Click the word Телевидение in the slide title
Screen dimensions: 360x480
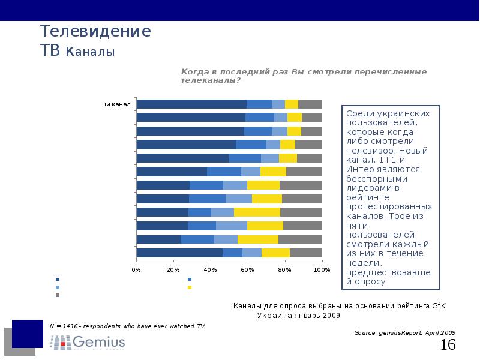(x=95, y=31)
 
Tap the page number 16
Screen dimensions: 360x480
(x=448, y=345)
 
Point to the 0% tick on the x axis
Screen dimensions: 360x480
(x=136, y=269)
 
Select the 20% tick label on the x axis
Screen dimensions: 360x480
(x=173, y=269)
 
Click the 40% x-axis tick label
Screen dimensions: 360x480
(x=211, y=269)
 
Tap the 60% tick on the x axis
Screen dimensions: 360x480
(x=248, y=269)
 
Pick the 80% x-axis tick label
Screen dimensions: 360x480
(x=284, y=269)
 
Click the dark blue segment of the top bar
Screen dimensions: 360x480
(x=191, y=104)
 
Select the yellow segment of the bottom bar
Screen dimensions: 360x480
(x=275, y=253)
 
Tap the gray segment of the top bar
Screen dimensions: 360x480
(x=310, y=104)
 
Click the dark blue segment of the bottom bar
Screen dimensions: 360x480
(x=179, y=253)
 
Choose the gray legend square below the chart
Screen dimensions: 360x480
(x=58, y=295)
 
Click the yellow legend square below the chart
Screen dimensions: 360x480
(x=190, y=287)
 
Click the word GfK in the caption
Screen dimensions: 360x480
(x=439, y=306)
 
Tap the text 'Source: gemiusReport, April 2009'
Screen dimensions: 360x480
(x=404, y=332)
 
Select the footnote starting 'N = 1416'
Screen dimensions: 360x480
(x=127, y=326)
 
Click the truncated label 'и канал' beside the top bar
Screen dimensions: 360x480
(x=118, y=104)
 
